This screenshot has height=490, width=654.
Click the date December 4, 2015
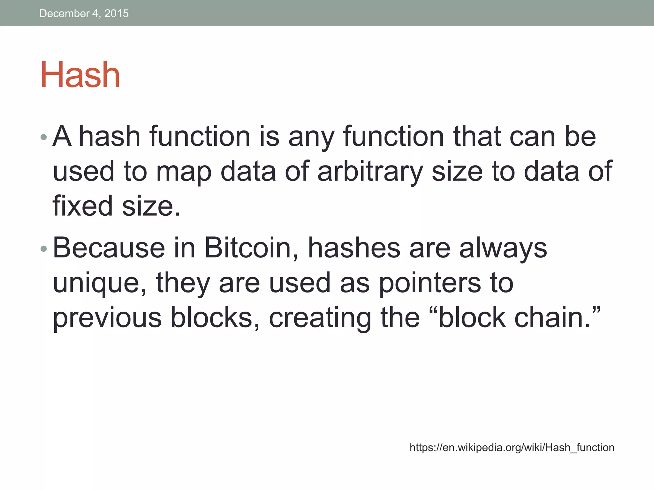click(x=84, y=13)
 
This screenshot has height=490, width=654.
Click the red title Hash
click(x=80, y=75)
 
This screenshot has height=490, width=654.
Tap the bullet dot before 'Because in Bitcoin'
click(x=44, y=249)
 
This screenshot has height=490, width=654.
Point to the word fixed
click(x=83, y=206)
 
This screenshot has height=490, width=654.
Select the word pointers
click(x=430, y=284)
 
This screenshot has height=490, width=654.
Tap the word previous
click(x=107, y=318)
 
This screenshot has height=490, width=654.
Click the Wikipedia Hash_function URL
click(x=512, y=448)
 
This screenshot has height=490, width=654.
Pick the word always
click(x=503, y=249)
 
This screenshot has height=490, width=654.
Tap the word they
click(x=183, y=284)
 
